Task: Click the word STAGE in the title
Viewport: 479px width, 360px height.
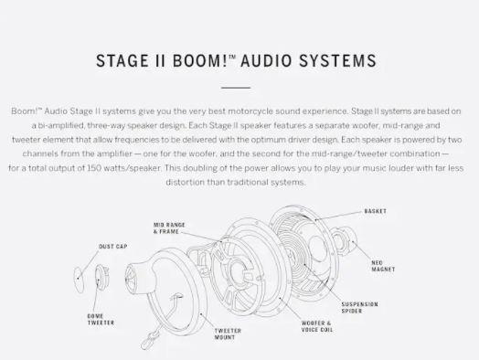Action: tap(122, 60)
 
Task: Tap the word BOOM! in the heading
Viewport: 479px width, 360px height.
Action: tap(199, 60)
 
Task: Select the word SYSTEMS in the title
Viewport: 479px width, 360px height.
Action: tap(337, 60)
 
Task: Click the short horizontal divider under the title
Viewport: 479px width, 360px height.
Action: tap(236, 88)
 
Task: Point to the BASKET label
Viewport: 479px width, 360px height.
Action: tap(375, 211)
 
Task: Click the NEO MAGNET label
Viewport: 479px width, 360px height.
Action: tap(383, 266)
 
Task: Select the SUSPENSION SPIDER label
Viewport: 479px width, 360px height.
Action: tap(359, 308)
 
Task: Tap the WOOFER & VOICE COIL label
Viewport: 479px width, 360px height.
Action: tap(317, 326)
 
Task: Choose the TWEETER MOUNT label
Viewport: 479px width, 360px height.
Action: tap(228, 334)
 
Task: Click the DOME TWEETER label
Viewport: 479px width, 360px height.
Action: tap(101, 320)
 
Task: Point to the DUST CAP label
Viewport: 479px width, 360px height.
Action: tap(113, 247)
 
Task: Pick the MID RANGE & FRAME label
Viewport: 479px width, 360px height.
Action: tap(169, 228)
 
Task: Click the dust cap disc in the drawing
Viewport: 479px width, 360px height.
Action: tap(79, 280)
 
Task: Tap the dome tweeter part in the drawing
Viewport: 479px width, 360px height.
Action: tap(101, 276)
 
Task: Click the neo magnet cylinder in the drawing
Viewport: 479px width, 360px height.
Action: tap(345, 239)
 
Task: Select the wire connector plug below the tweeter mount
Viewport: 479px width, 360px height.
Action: tap(150, 340)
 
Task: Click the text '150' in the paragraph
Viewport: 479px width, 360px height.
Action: tap(94, 168)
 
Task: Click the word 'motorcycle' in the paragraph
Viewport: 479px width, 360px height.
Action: tap(250, 111)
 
